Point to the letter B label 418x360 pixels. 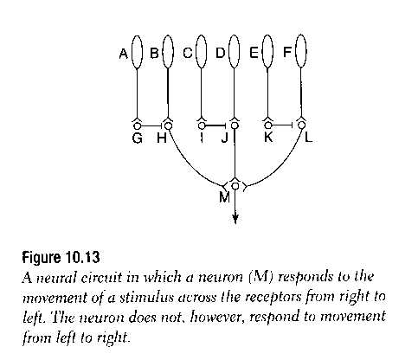pos(155,53)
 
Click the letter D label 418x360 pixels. pos(221,53)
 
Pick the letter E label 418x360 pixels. pos(254,53)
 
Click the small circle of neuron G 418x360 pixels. pos(138,125)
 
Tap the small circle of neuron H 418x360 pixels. pos(168,125)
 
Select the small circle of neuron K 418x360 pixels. pos(268,125)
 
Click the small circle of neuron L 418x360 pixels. pos(302,125)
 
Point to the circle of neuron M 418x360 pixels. pos(235,186)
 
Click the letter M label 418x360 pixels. pos(224,197)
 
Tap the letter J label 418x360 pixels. pos(225,138)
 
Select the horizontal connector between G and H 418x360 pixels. pos(151,125)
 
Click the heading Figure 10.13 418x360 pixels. pos(61,257)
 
